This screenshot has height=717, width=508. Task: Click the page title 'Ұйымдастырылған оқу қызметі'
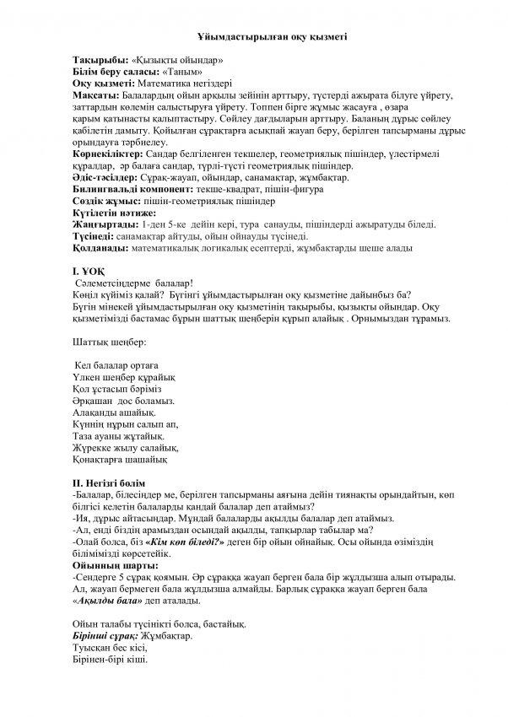pos(254,38)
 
